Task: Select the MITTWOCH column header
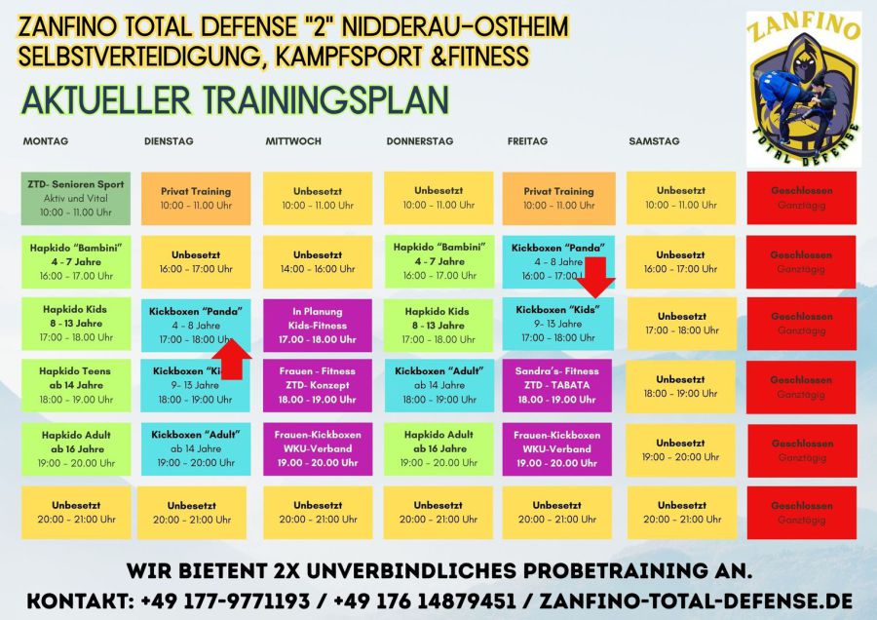coord(293,141)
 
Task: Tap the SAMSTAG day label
coord(654,141)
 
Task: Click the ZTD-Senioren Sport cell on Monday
coord(75,198)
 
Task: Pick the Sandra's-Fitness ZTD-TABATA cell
coord(557,385)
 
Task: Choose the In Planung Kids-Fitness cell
coord(318,326)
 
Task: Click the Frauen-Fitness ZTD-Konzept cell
coord(318,385)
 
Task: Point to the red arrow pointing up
coord(231,357)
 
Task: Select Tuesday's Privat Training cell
coord(196,198)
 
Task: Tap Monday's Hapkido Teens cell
coord(75,385)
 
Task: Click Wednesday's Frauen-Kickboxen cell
coord(318,448)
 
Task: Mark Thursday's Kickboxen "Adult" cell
coord(438,385)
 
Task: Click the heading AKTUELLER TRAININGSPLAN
coord(234,99)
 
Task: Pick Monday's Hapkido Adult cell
coord(75,448)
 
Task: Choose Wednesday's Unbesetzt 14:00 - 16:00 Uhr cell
coord(318,261)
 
